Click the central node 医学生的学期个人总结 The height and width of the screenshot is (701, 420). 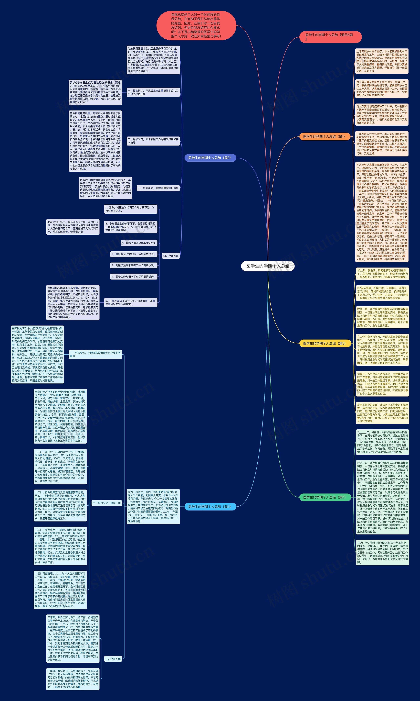click(268, 266)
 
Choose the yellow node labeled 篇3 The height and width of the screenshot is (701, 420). click(325, 343)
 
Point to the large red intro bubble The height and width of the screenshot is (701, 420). click(196, 25)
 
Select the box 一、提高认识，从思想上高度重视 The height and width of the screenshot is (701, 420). click(153, 92)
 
